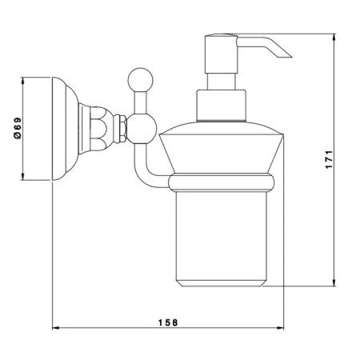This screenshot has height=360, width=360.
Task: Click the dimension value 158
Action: point(168,322)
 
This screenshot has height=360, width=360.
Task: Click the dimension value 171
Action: point(329,159)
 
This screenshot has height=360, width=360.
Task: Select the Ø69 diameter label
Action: point(18,128)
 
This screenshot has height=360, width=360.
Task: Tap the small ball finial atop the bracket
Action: point(141,80)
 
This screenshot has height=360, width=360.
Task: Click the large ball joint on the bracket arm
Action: point(142,129)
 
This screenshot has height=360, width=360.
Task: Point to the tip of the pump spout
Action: point(291,57)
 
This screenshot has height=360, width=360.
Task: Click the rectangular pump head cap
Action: point(221,54)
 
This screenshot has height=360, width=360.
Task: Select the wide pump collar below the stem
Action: point(221,106)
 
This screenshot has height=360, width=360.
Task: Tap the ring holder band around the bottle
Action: point(222,182)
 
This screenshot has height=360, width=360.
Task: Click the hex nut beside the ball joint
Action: point(122,129)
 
